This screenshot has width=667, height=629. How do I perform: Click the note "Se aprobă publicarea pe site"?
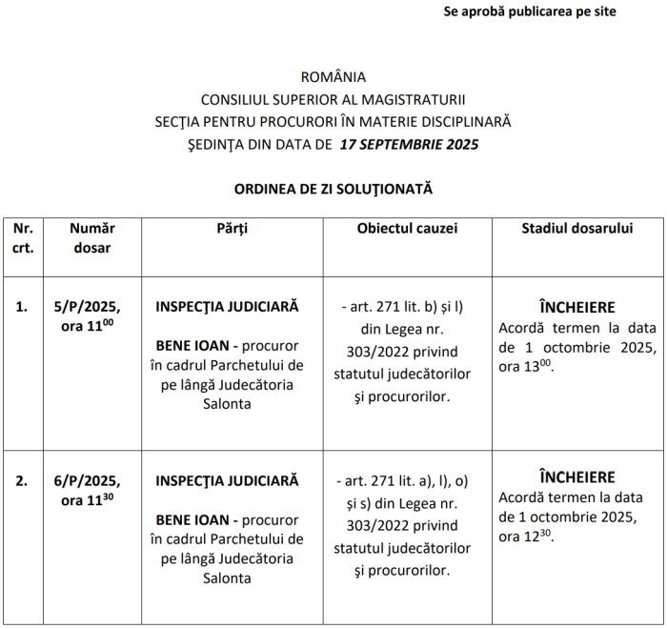[x=530, y=12]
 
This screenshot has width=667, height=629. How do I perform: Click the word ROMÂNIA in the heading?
[x=333, y=76]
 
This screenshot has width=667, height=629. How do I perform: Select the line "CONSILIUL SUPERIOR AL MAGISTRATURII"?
[x=333, y=99]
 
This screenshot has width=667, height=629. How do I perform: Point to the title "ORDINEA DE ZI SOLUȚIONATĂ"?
[x=333, y=189]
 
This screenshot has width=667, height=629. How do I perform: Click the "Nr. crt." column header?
[x=24, y=237]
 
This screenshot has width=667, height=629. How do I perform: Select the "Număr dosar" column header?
[x=92, y=237]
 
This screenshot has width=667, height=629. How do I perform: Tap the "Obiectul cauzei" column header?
[x=407, y=229]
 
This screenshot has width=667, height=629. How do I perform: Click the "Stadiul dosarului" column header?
[x=577, y=229]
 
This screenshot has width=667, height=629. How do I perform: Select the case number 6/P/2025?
[x=87, y=480]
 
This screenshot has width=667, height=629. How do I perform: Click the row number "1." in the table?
[x=22, y=307]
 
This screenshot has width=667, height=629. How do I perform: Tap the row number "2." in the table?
[x=22, y=480]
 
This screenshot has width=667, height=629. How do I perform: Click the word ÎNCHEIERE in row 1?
[x=577, y=307]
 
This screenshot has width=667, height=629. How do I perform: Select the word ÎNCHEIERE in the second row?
[x=577, y=477]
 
